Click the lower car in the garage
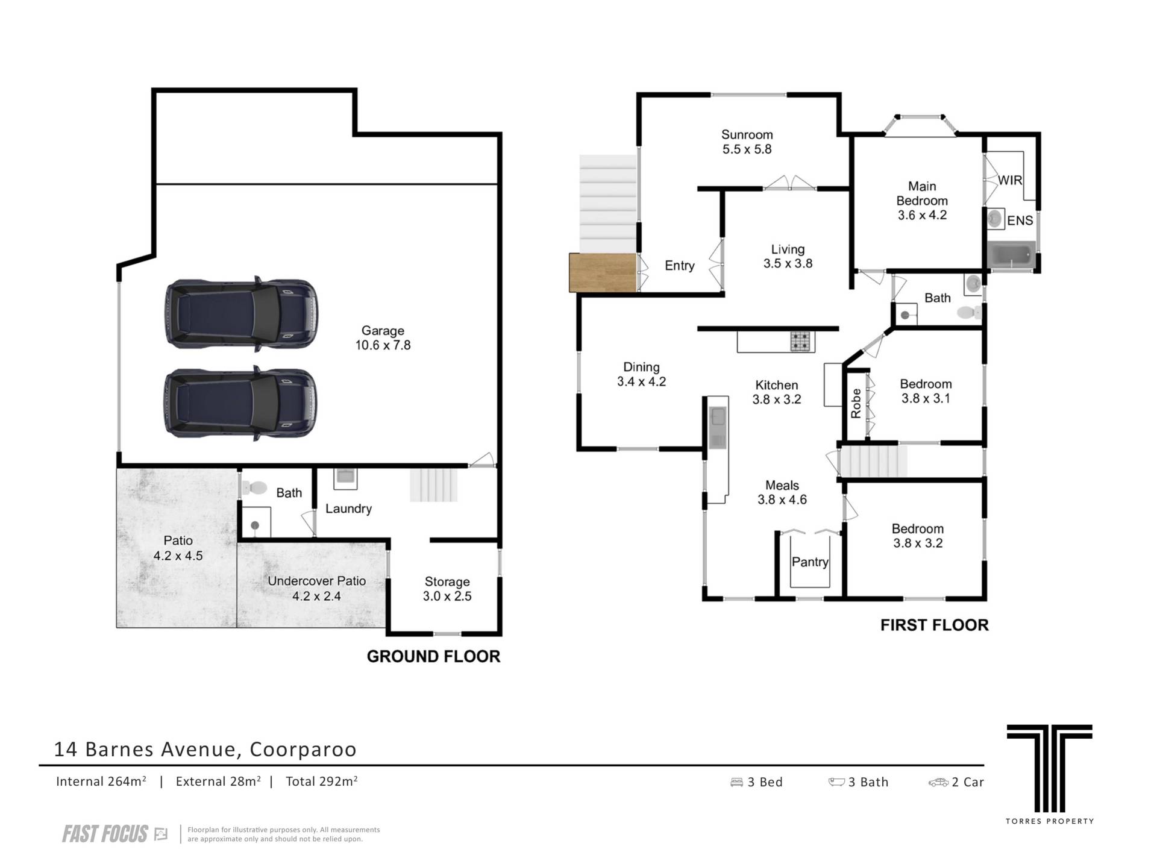241,403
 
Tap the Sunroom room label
747,135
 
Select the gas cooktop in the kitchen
802,342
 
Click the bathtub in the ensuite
1011,255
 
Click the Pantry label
810,562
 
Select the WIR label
1010,180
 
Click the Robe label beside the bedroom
856,404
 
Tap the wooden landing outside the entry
603,273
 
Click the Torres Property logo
1049,774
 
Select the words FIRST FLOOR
935,625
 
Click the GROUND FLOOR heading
434,657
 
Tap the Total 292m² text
322,781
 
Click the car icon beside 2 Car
938,783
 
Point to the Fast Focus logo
114,835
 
